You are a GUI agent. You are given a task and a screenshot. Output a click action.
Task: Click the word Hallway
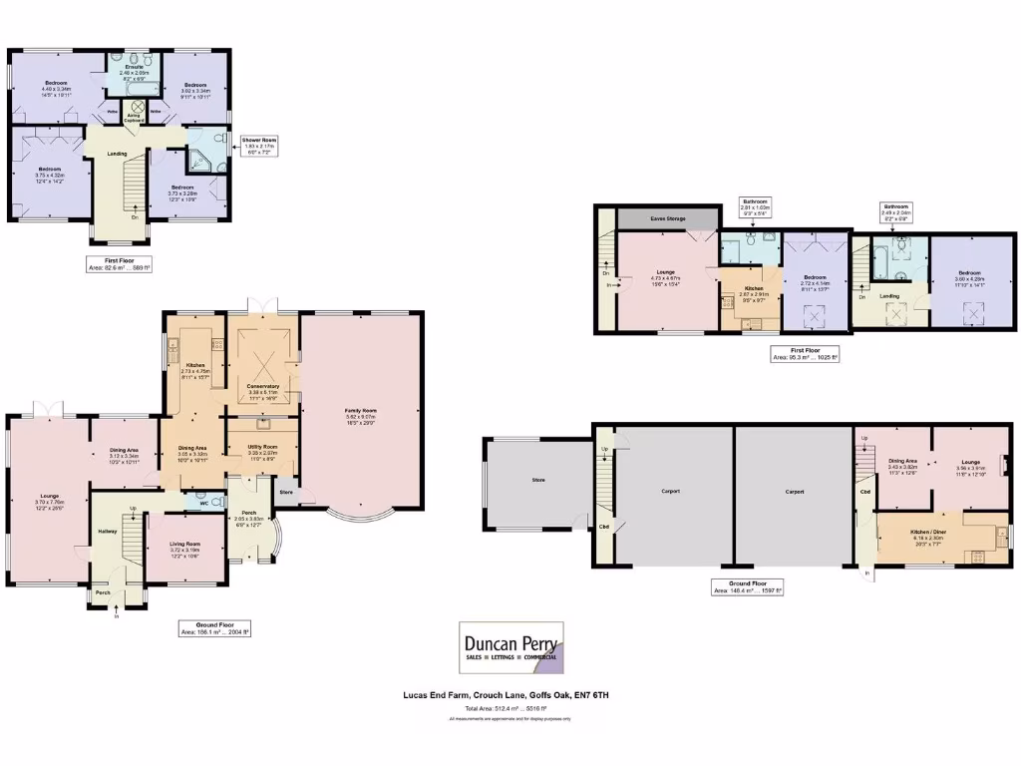107,531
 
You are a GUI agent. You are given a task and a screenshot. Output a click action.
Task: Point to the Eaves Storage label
667,217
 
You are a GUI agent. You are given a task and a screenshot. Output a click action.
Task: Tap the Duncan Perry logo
511,647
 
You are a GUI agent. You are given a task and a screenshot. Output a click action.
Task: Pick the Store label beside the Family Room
286,492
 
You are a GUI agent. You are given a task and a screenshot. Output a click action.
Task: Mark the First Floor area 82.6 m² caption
119,265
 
